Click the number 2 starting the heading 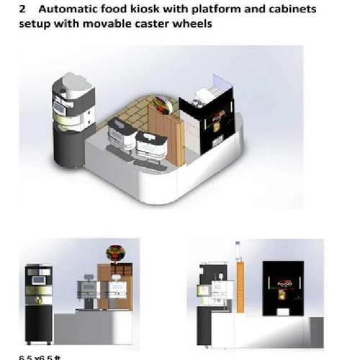click(x=23, y=9)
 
